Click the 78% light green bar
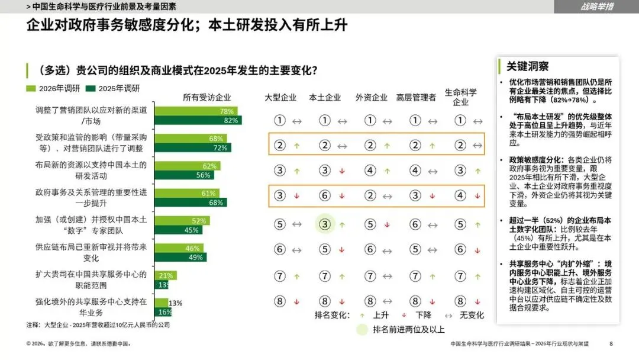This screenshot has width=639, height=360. (196, 111)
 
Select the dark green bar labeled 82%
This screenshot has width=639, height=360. (198, 120)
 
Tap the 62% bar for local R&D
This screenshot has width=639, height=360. (188, 166)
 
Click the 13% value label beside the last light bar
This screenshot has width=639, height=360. (176, 303)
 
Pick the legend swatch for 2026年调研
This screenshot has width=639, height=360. (31, 88)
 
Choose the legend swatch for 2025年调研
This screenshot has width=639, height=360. (91, 88)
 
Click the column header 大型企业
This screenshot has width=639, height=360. (280, 98)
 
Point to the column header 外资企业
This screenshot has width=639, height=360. (371, 98)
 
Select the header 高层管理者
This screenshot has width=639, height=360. (416, 98)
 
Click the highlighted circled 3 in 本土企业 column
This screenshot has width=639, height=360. (325, 224)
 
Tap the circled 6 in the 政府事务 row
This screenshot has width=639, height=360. (325, 196)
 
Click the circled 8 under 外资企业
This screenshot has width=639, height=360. (370, 301)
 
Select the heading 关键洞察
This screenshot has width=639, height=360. (527, 66)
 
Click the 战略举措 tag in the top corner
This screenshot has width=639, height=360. (596, 7)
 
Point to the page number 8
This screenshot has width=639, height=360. (611, 343)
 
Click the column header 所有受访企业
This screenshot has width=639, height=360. (206, 98)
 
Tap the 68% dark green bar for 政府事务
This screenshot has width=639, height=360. (191, 202)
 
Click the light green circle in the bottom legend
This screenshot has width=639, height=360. (362, 329)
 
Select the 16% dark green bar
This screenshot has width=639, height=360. (163, 312)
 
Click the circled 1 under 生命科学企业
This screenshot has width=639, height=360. (460, 120)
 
